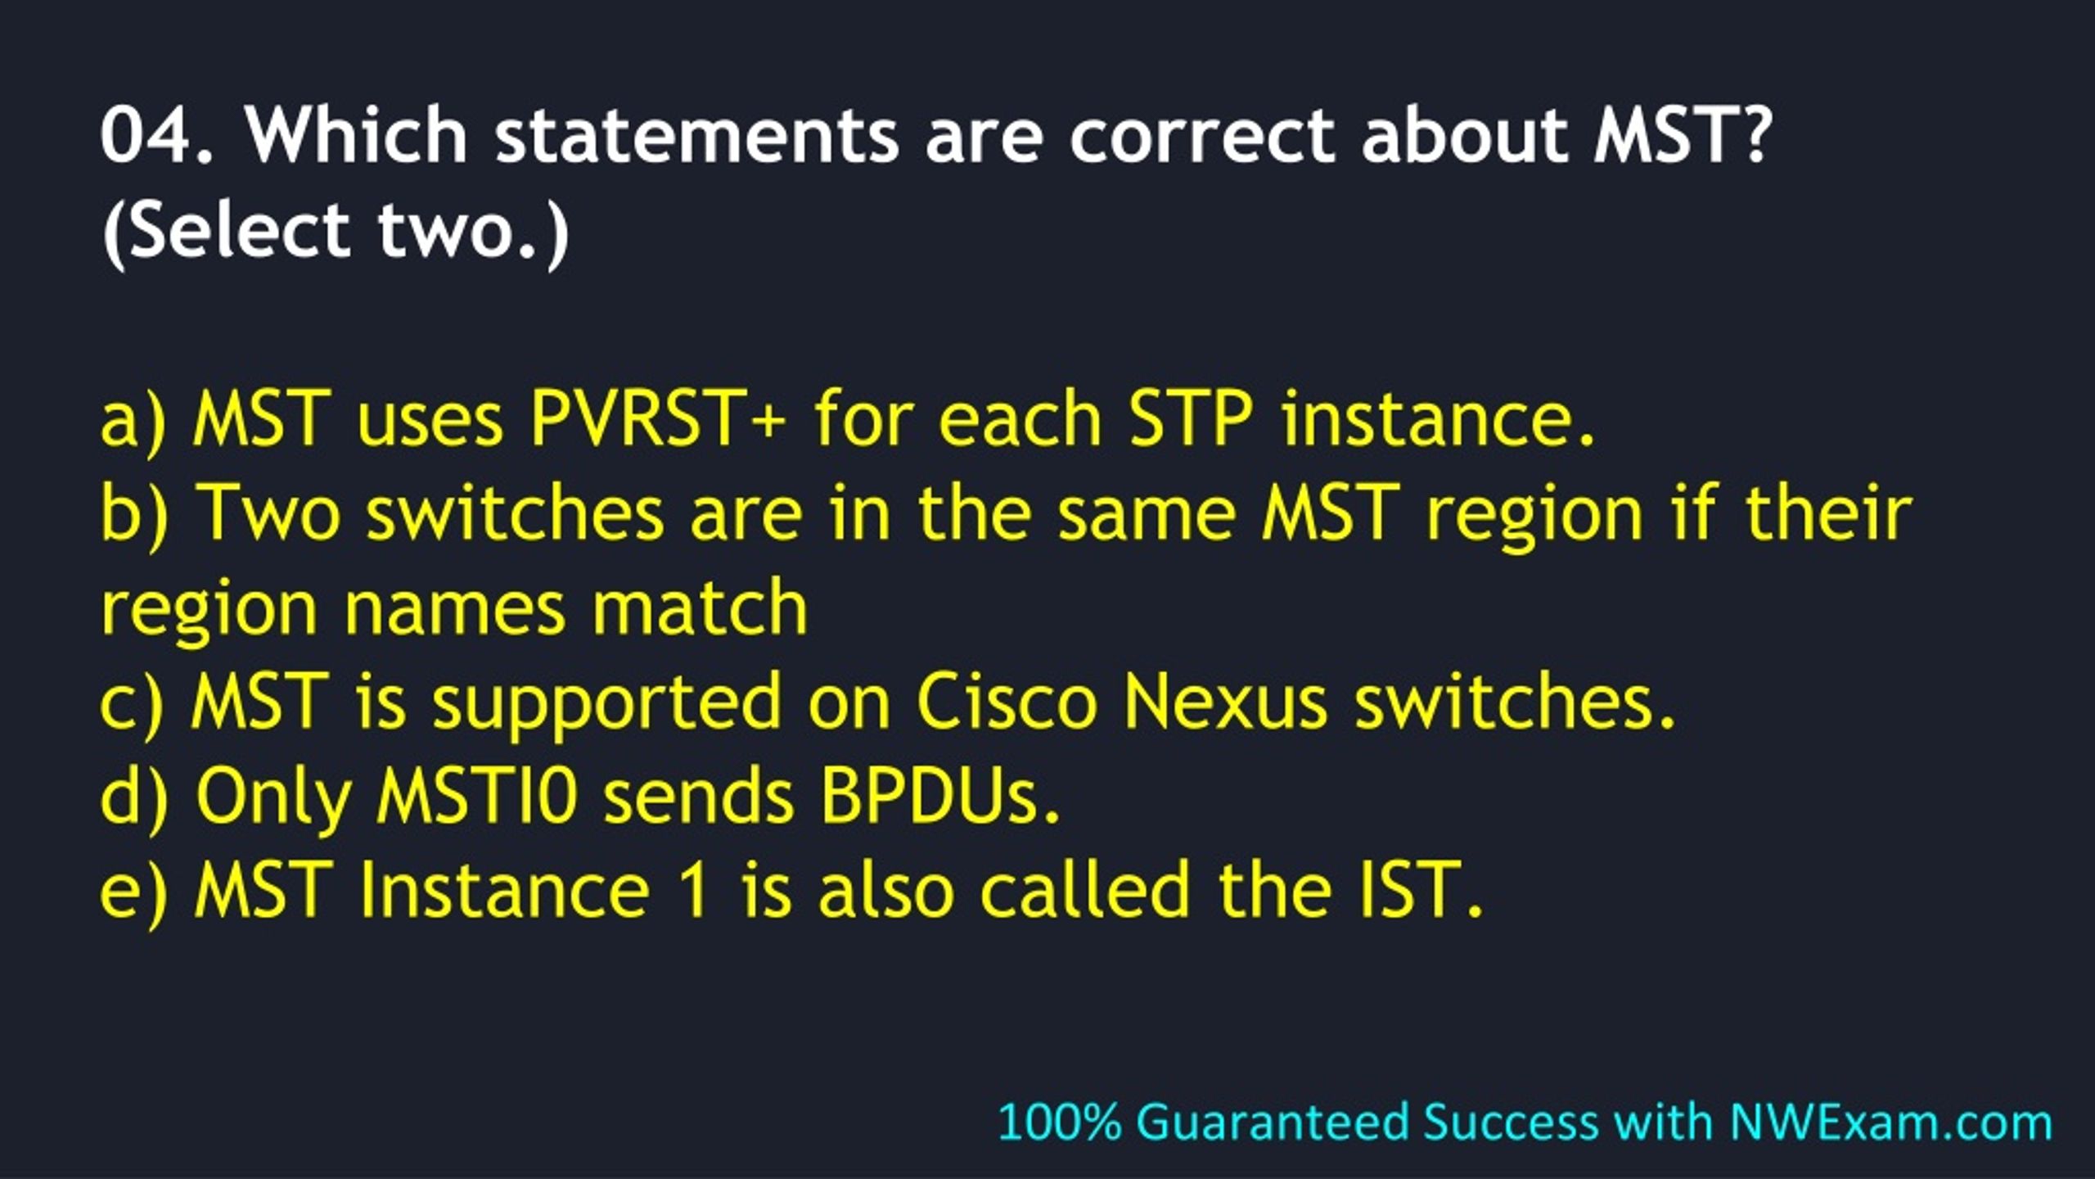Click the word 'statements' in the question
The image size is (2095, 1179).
click(697, 134)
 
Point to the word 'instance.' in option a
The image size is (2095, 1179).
click(1438, 419)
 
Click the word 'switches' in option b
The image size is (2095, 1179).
click(515, 513)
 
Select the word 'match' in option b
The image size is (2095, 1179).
click(700, 607)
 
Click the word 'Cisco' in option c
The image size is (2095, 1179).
click(1006, 702)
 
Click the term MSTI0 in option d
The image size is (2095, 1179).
click(478, 795)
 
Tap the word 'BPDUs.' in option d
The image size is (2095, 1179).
click(940, 795)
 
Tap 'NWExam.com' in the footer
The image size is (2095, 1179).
click(1891, 1123)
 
